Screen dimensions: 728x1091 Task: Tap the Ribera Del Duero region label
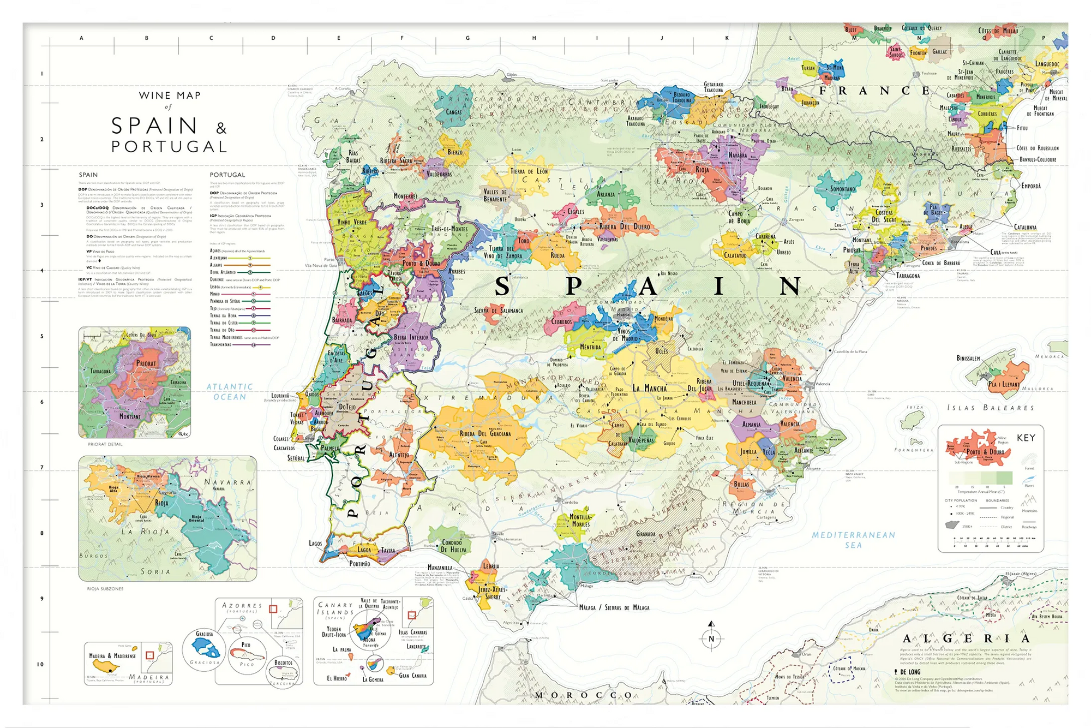coord(625,226)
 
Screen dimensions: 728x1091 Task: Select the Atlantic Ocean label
coord(230,392)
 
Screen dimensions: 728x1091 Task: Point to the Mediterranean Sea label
coord(853,540)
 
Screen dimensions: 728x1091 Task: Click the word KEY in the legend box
coord(1026,438)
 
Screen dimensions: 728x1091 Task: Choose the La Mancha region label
coord(649,389)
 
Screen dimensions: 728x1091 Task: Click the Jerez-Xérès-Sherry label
coord(493,593)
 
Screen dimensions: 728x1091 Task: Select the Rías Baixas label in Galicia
coord(353,157)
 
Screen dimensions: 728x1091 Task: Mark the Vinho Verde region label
coord(352,222)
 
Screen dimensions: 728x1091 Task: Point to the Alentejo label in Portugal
coord(399,455)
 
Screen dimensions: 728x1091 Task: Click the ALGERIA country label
coord(966,639)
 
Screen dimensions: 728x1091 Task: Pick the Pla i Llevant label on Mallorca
coord(1003,384)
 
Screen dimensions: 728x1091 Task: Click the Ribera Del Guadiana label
coord(485,434)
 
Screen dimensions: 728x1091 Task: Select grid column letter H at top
coord(534,38)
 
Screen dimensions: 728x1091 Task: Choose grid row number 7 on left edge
coord(42,468)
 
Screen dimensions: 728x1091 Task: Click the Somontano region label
coord(842,189)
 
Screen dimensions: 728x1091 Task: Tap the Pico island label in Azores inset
coord(246,645)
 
